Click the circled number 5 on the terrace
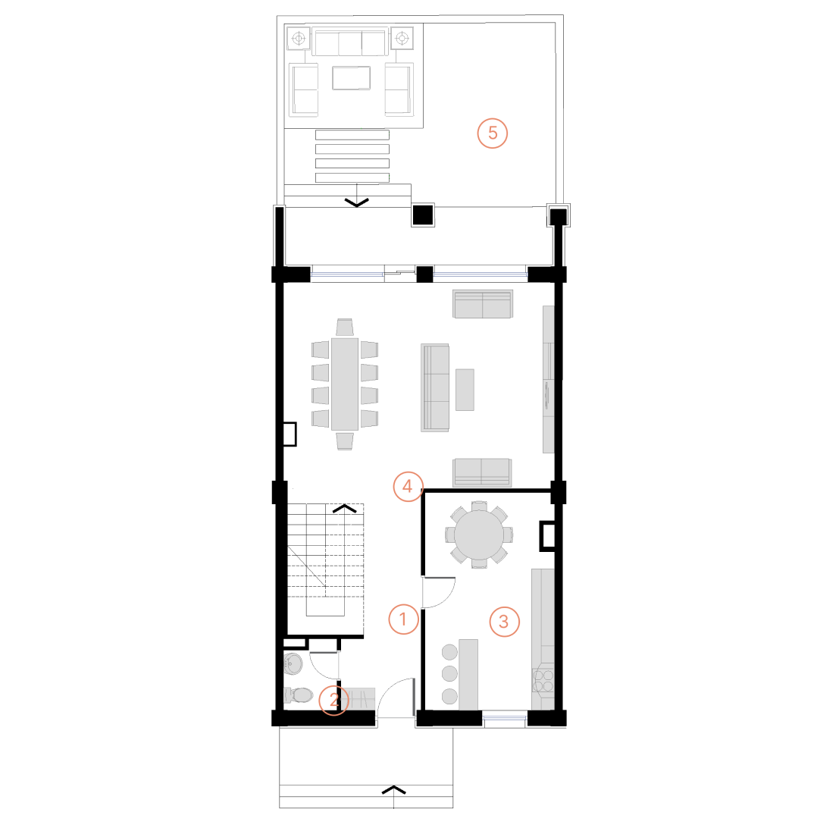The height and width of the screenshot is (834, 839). click(x=493, y=133)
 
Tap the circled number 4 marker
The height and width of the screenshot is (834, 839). click(x=408, y=486)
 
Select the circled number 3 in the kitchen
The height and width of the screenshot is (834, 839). click(x=504, y=621)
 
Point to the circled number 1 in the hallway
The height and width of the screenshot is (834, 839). click(x=403, y=619)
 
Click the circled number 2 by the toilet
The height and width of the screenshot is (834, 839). click(x=334, y=700)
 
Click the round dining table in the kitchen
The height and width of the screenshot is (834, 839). click(x=479, y=534)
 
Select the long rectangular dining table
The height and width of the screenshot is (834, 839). click(x=345, y=384)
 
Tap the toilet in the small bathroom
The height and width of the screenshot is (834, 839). click(x=298, y=695)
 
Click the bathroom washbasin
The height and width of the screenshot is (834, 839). click(x=293, y=663)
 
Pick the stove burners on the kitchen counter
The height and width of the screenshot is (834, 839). click(x=543, y=680)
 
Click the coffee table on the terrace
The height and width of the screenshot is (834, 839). click(x=351, y=78)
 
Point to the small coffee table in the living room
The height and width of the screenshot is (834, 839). click(x=465, y=390)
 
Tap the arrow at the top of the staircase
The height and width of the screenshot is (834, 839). click(x=345, y=508)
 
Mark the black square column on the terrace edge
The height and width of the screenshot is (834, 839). click(x=423, y=215)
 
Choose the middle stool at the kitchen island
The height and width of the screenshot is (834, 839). click(x=449, y=674)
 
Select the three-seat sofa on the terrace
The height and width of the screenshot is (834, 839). click(x=350, y=42)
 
